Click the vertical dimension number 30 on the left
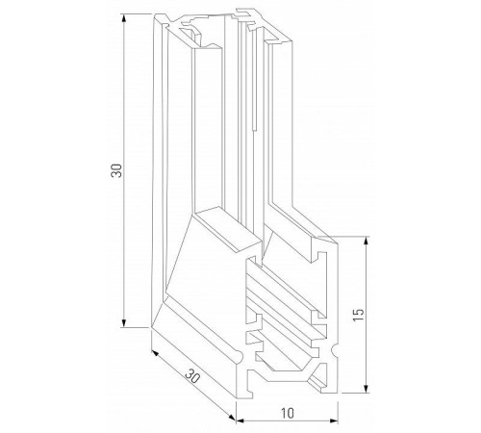(x=114, y=172)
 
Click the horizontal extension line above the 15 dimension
(x=351, y=237)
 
